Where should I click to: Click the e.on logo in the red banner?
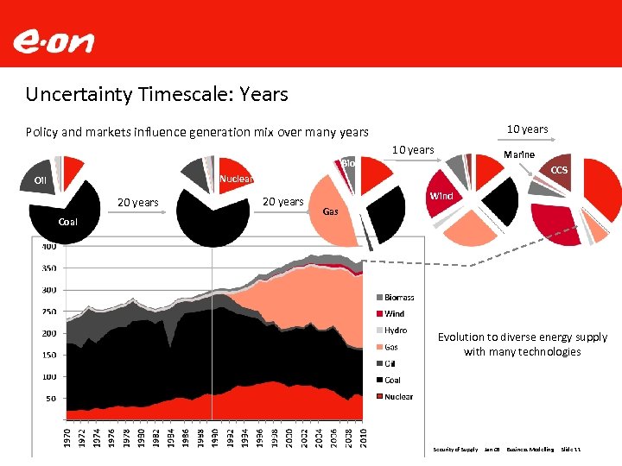click(54, 41)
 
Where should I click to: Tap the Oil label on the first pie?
click(40, 180)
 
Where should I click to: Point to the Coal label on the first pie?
click(67, 223)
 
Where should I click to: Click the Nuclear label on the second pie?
click(236, 179)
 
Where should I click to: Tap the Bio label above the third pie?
click(348, 163)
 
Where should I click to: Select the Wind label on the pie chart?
click(441, 196)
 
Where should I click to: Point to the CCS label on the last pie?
click(559, 170)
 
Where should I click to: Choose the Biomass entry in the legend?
click(399, 298)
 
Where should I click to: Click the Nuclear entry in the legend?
click(398, 397)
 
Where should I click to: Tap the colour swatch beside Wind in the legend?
click(378, 314)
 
